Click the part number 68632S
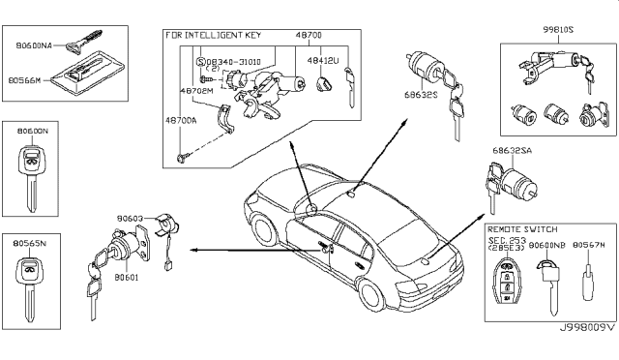coord(420,95)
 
